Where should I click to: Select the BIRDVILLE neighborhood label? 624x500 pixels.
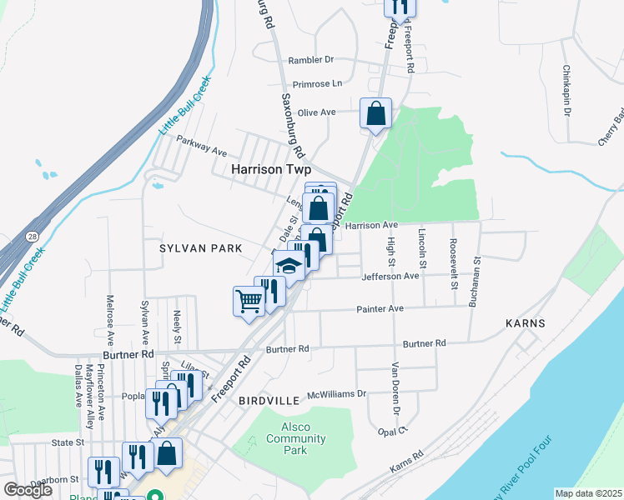(269, 401)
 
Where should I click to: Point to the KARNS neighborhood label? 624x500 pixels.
(525, 322)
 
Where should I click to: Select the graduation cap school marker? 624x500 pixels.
(288, 267)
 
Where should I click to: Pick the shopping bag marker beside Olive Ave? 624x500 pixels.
(375, 112)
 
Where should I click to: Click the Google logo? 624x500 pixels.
(28, 490)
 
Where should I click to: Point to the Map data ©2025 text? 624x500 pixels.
(588, 492)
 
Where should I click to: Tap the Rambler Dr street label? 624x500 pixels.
(310, 60)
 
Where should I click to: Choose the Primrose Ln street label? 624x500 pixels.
(318, 84)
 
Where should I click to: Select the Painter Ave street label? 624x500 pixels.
(380, 308)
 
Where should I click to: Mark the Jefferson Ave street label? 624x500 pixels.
(390, 276)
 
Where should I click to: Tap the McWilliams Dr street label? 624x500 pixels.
(337, 393)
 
